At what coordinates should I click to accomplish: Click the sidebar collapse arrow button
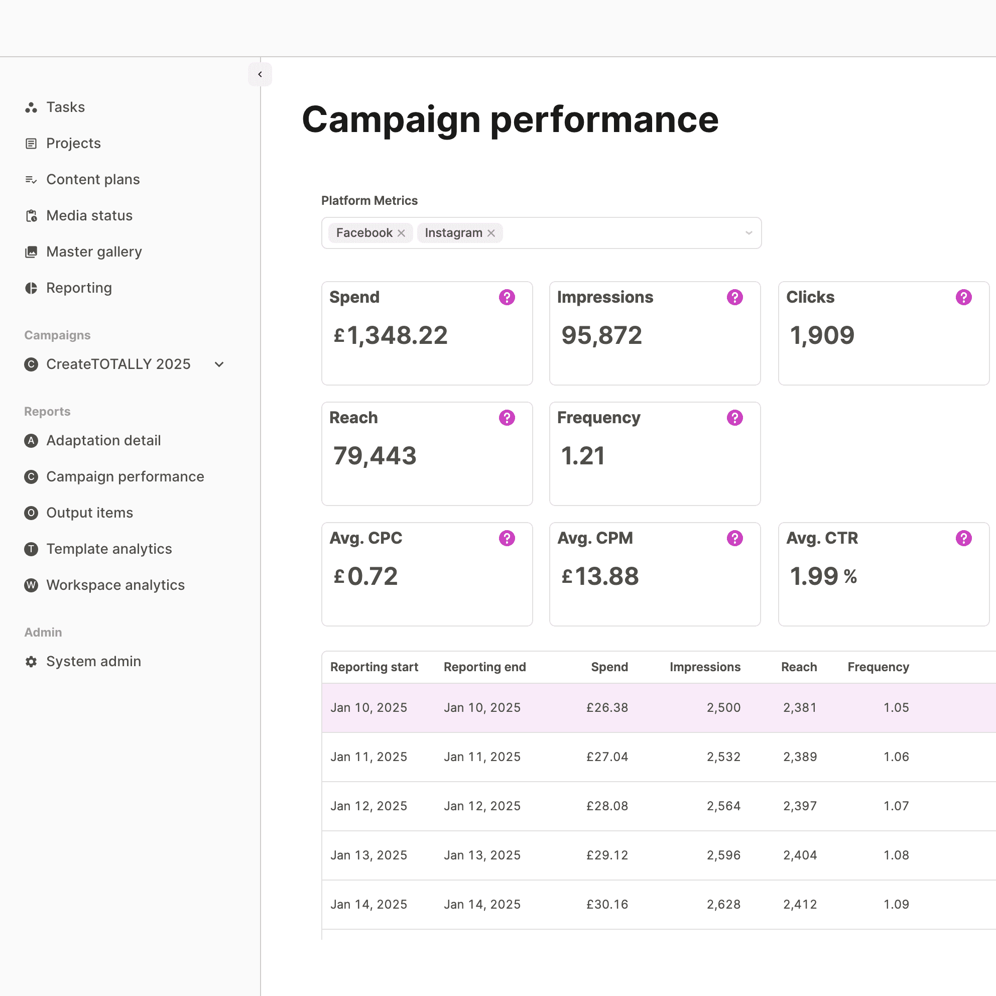pos(260,74)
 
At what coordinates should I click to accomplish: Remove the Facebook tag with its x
pos(401,233)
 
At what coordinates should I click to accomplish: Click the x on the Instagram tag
pos(491,233)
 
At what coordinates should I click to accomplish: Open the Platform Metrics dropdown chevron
pos(749,233)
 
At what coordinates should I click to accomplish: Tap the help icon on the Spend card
pos(507,298)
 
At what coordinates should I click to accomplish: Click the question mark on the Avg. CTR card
pos(963,538)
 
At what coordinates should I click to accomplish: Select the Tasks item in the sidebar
pos(65,107)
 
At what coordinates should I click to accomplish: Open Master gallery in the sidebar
pos(94,252)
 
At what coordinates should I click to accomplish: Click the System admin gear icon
pos(32,662)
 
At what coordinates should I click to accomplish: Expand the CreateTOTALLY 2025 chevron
pos(219,364)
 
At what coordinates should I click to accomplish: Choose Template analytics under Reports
pos(109,549)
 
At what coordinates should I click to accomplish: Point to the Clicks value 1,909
pos(822,336)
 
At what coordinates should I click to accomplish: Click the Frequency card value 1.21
pos(582,456)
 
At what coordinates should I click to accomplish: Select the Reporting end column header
pos(484,667)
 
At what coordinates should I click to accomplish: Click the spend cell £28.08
pos(607,806)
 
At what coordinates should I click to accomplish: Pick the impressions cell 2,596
pos(723,855)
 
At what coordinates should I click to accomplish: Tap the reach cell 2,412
pos(800,904)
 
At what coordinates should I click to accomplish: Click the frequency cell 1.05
pos(896,708)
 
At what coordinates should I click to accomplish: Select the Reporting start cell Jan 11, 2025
pos(368,757)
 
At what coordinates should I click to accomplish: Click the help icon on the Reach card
pos(507,418)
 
